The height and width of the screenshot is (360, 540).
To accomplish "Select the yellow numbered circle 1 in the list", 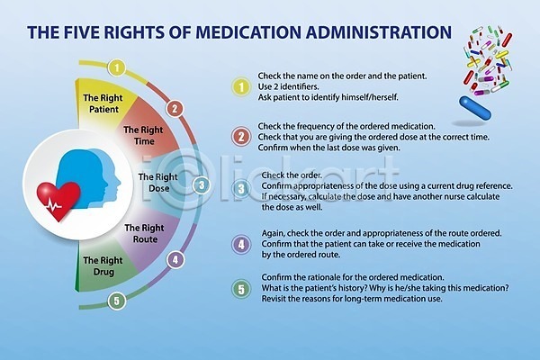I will click(240, 86).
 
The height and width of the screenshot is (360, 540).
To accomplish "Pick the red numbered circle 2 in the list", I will click(240, 137).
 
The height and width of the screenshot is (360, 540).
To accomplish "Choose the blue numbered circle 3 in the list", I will click(240, 188).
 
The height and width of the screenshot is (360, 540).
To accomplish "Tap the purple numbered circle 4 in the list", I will click(240, 243).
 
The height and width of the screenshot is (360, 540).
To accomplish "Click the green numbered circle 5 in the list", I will click(240, 289).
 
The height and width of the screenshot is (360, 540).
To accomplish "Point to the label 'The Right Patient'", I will click(104, 103).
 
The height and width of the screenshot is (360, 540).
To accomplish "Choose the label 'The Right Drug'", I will click(103, 265).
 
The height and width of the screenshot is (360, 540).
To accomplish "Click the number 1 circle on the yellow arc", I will click(115, 67).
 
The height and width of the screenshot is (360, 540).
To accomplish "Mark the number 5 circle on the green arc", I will click(115, 301).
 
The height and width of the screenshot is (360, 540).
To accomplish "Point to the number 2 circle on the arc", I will click(175, 108).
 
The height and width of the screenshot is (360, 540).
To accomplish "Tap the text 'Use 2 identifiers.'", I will click(291, 86).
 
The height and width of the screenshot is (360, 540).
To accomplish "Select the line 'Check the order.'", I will click(286, 175).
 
